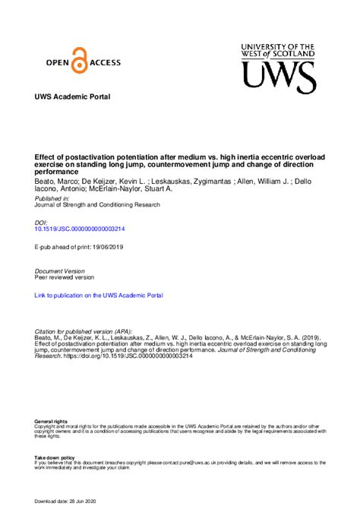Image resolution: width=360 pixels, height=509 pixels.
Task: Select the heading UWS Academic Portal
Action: (72, 97)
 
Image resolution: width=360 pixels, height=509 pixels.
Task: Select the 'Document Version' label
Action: (61, 270)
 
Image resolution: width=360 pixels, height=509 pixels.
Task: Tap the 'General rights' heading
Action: (51, 420)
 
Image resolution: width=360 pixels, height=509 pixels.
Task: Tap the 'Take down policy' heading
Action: (55, 457)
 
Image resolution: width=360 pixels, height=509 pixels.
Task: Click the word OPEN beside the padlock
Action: (54, 65)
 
